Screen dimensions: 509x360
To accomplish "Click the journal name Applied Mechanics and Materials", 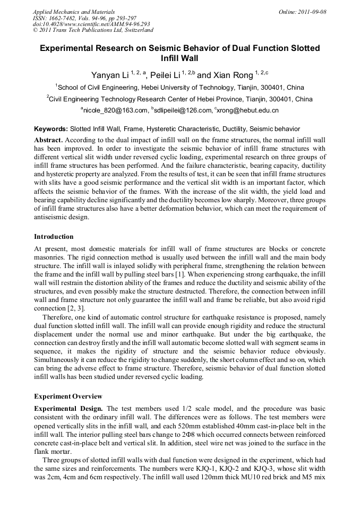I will click(73, 12).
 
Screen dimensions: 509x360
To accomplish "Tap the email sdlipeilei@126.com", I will click(183, 110).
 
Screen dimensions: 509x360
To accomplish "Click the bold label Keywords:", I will click(51, 129).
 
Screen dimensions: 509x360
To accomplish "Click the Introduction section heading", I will click(54, 237).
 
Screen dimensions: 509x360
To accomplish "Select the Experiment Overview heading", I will click(68, 396).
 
